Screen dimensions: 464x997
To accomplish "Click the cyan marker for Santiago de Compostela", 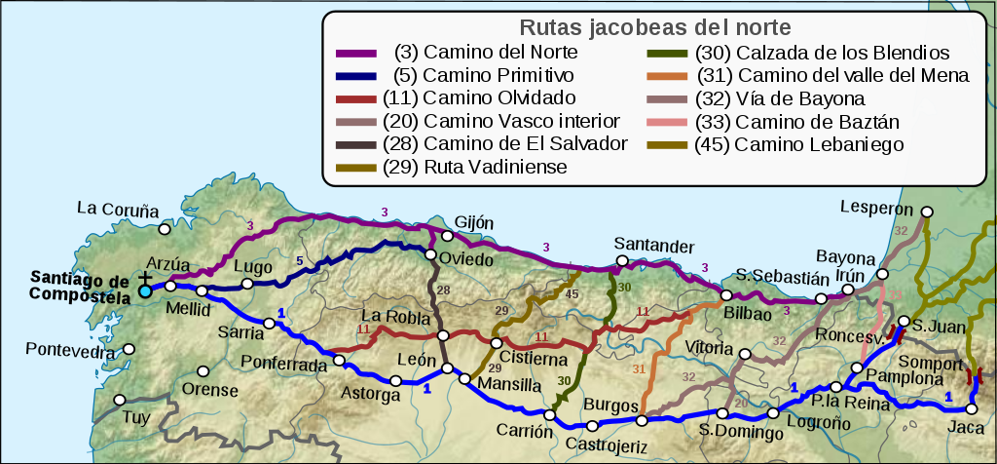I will pos(145,290).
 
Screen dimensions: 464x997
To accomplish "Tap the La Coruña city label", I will pos(117,209).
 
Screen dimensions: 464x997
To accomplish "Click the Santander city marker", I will pos(621,261).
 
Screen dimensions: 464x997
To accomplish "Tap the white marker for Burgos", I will pos(641,421).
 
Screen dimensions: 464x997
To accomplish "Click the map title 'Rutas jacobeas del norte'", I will pos(654,26).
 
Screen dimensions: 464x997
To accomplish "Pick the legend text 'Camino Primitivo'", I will pos(498,75).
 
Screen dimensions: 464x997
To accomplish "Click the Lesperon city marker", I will pos(927,211).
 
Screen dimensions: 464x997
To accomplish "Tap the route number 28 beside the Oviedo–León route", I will pos(444,291).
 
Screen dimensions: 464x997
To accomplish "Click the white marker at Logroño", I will pos(773,413).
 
